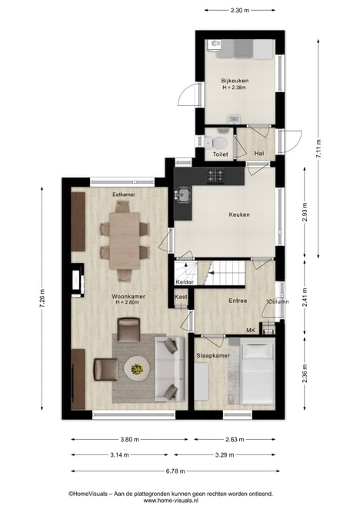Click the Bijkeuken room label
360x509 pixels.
click(235, 81)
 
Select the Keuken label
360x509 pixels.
click(239, 215)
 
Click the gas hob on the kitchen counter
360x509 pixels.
click(215, 176)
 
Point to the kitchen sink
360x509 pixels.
click(183, 195)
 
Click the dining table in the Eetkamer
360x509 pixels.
click(125, 241)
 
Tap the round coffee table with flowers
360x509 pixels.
click(137, 368)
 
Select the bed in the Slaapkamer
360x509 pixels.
click(258, 374)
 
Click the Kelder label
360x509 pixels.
click(185, 281)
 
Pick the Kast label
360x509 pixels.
click(181, 297)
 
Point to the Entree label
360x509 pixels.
click(238, 301)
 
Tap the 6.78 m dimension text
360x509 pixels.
click(175, 471)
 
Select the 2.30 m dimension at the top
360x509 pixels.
click(240, 10)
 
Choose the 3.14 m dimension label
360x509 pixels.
click(119, 454)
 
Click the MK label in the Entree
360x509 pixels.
click(250, 331)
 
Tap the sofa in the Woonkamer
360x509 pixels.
click(169, 369)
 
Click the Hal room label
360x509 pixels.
click(259, 154)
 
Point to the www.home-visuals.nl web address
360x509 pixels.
click(171, 501)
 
